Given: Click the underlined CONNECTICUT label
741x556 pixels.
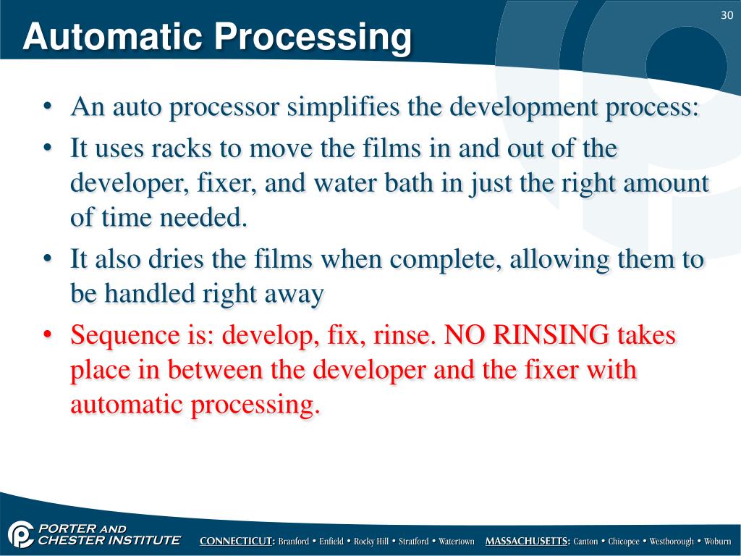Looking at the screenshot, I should coord(237,542).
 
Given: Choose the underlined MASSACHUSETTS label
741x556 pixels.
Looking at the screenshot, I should coord(528,542).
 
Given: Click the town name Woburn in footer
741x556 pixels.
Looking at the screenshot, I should coord(718,542).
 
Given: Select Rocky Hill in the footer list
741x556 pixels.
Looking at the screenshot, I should coord(371,542).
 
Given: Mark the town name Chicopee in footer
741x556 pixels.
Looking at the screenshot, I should coord(624,542).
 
